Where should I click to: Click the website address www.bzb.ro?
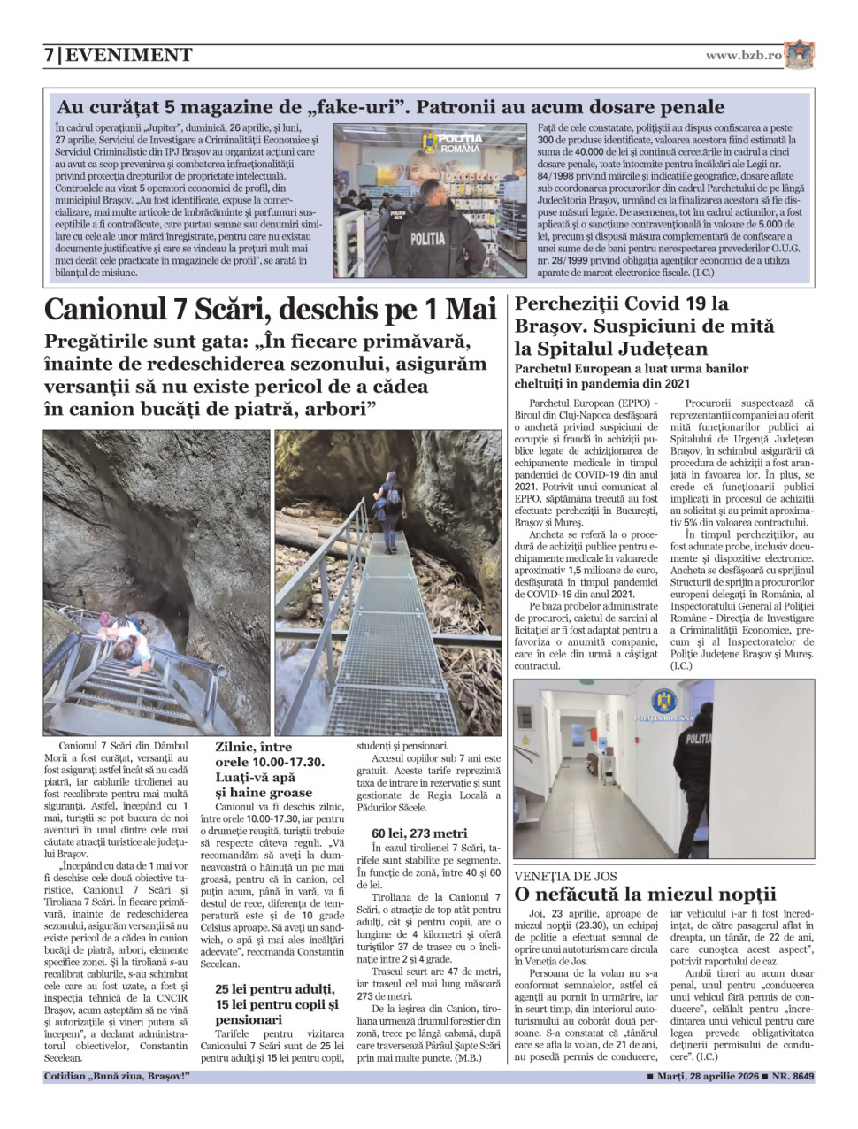coord(743,55)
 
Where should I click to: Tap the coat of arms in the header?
coord(799,55)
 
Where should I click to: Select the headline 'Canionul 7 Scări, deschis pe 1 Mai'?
coord(270,310)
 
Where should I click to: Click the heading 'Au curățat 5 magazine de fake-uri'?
coord(390,107)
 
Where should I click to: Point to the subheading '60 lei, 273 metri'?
coord(419,833)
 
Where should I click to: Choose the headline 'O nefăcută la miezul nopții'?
coord(645,894)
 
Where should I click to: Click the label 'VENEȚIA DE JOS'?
coord(566,876)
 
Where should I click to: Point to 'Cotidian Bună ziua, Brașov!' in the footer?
coord(117,1077)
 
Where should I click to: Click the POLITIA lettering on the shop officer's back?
coord(428,238)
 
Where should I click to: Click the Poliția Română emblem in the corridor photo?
coord(663,703)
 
